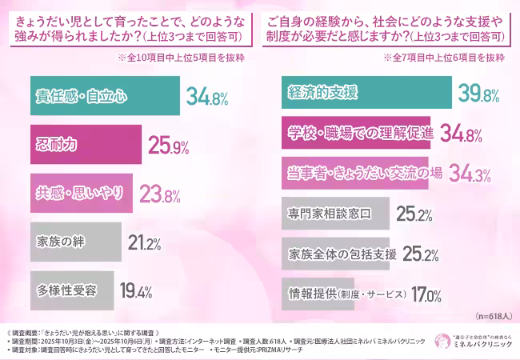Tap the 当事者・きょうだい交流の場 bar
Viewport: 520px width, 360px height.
pyautogui.click(x=356, y=174)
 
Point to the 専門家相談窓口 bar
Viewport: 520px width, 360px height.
pyautogui.click(x=337, y=214)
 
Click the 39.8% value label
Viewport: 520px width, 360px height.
pyautogui.click(x=478, y=95)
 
